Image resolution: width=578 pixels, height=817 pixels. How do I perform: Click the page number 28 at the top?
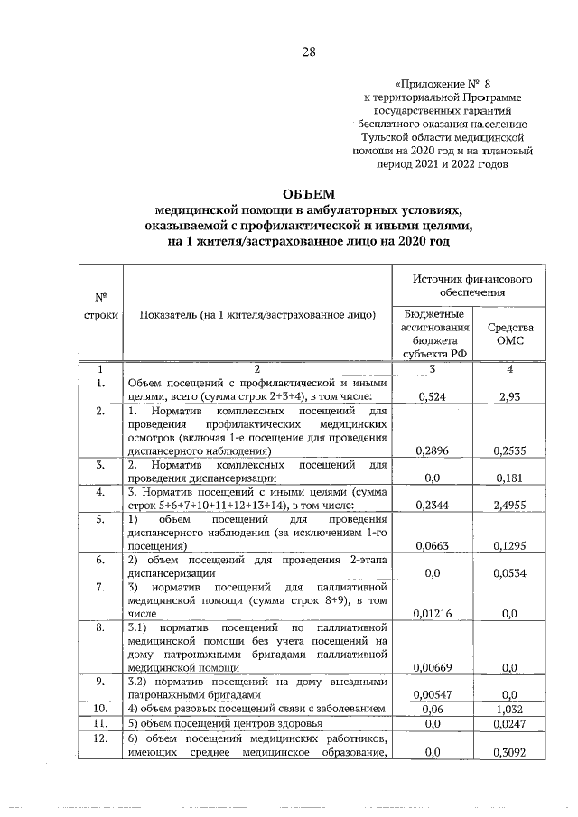click(x=308, y=51)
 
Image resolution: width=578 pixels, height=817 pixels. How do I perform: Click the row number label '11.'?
click(x=101, y=723)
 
